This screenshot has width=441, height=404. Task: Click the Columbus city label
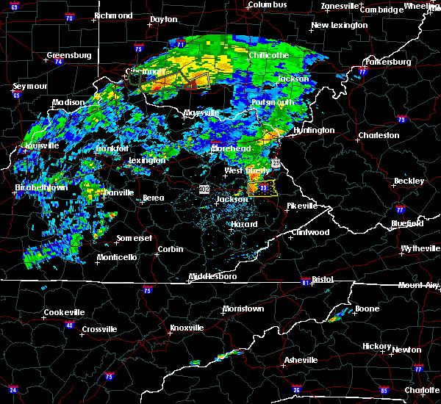[x=266, y=5]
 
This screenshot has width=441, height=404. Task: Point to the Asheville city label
[x=301, y=360]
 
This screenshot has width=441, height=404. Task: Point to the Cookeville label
[x=64, y=312]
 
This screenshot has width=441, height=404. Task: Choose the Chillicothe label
[x=268, y=56]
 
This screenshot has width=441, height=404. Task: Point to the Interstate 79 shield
[x=401, y=119]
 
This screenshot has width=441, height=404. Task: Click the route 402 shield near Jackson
[x=204, y=189]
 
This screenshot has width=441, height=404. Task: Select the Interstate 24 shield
[x=12, y=389]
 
